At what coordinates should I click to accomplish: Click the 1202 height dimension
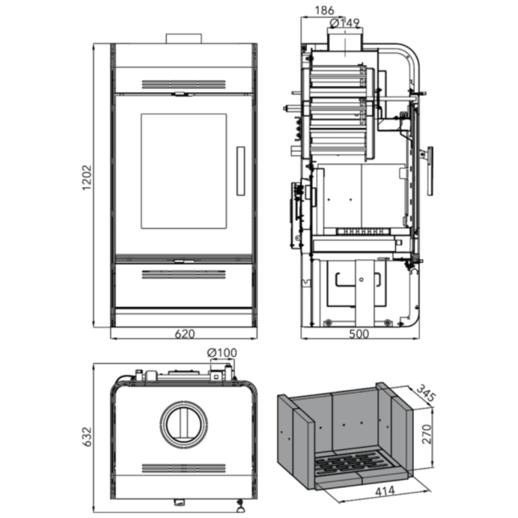coord(87,177)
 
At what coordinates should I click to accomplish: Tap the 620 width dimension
coord(184,334)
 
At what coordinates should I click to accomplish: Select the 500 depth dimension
coord(359,334)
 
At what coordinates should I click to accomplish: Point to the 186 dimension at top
coord(324,11)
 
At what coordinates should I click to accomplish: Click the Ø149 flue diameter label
coord(344,23)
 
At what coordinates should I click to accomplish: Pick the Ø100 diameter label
coord(222,353)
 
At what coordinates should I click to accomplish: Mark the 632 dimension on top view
coord(87,436)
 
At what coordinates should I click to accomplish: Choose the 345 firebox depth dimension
coord(426,393)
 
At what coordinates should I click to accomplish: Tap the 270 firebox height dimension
coord(427,434)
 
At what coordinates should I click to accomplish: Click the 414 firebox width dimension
coord(385,491)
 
